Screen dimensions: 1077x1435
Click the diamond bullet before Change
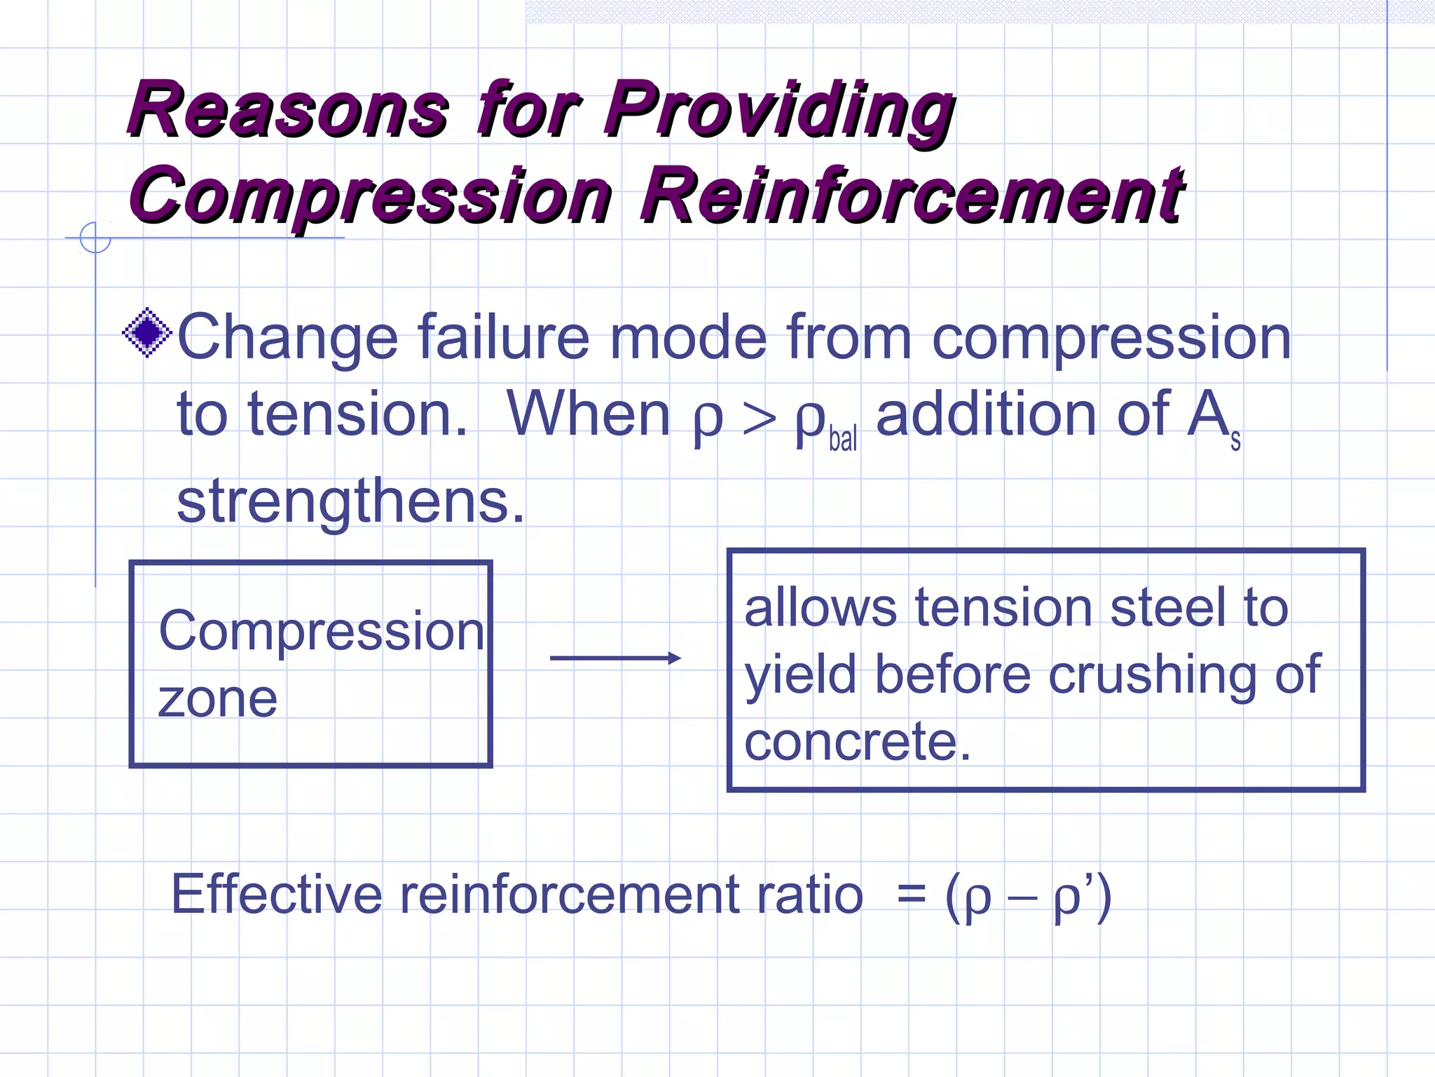coord(147,332)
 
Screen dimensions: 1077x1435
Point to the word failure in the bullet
coord(504,338)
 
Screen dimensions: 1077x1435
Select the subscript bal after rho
coord(842,439)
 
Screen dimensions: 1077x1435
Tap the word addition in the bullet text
coord(988,415)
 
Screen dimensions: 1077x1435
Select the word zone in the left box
coord(218,700)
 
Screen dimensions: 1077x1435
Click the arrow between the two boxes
coord(615,658)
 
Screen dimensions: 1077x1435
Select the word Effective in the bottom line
coord(276,895)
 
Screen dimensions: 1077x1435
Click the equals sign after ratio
coord(911,896)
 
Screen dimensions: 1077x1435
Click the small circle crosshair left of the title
coord(95,237)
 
